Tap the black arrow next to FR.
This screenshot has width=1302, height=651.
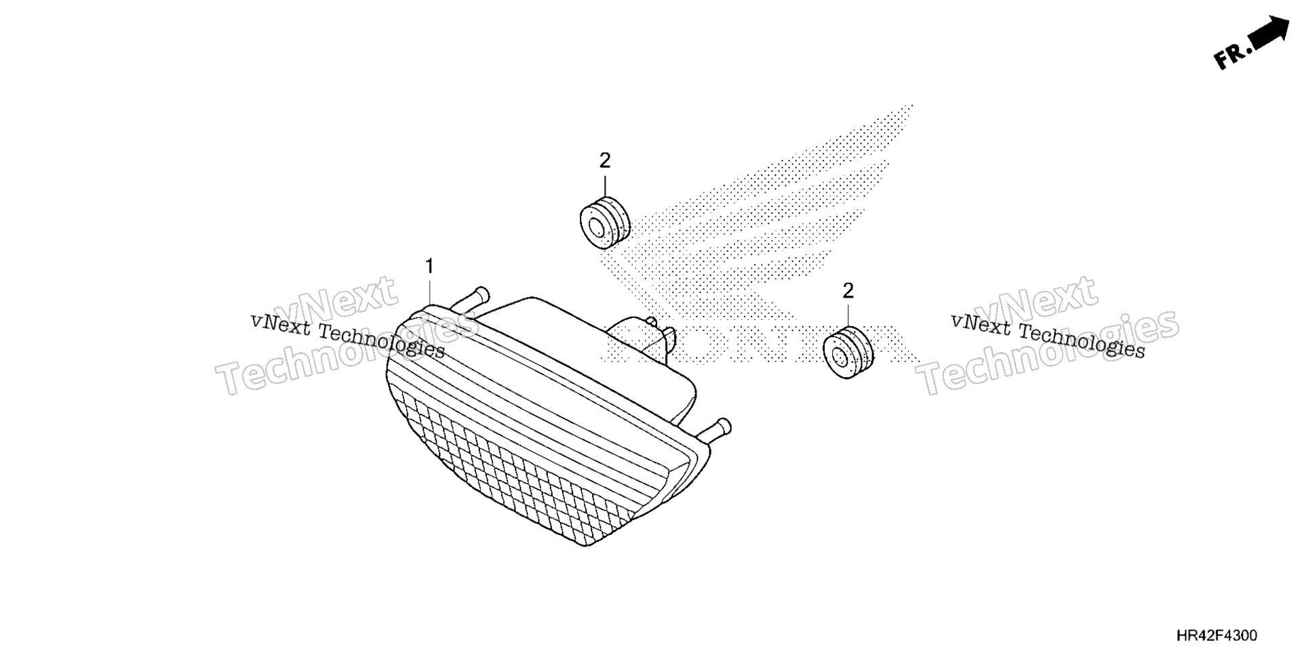click(x=1268, y=33)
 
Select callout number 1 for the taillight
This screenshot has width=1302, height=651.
click(x=429, y=267)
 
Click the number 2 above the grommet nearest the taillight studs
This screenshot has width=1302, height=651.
click(x=605, y=161)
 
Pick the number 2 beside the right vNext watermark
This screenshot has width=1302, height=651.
click(x=848, y=291)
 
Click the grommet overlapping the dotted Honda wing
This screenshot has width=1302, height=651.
click(x=606, y=222)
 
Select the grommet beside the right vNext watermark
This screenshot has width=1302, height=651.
click(x=848, y=352)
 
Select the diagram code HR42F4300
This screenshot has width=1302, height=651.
click(x=1217, y=635)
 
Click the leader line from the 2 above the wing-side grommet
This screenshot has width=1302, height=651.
click(x=605, y=184)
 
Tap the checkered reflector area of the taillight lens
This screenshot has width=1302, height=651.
click(x=515, y=468)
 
